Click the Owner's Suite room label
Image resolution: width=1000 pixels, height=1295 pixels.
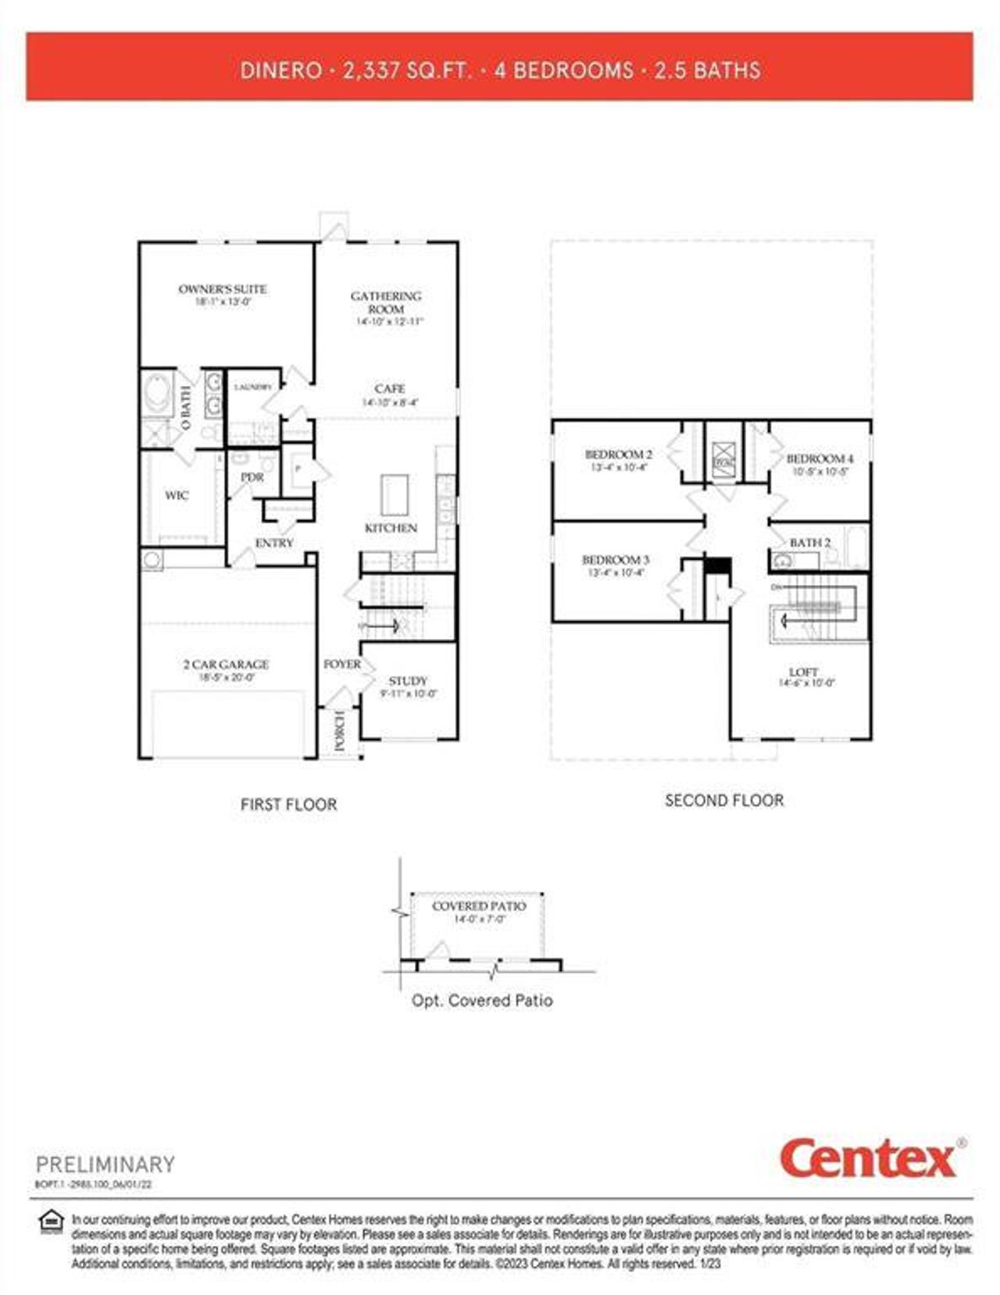[x=223, y=289]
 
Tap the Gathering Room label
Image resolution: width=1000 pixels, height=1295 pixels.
[x=386, y=302]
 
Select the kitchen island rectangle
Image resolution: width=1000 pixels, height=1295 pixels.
[x=395, y=495]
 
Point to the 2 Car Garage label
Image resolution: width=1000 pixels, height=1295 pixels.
[x=226, y=665]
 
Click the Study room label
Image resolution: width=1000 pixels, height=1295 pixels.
[x=408, y=681]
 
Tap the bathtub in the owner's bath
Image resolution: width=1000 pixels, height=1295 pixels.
[x=159, y=394]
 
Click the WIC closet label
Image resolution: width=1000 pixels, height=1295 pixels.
[x=177, y=495]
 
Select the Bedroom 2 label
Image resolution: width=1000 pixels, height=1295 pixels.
[x=619, y=455]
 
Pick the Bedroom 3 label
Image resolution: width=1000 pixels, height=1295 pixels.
[x=616, y=560]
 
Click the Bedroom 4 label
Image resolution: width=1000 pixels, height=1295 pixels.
[x=820, y=459]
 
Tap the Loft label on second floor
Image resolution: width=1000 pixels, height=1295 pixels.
[x=804, y=672]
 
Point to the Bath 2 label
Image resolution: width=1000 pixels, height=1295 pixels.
[x=810, y=542]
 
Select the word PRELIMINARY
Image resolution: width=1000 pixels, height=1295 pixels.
[x=105, y=1165]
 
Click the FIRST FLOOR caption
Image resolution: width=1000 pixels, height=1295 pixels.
[x=288, y=804]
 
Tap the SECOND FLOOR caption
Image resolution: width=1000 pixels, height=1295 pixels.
[x=724, y=801]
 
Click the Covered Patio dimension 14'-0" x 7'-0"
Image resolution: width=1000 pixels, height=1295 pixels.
[x=480, y=919]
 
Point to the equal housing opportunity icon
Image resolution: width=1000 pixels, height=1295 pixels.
[x=52, y=1220]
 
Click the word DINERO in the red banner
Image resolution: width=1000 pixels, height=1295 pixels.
[x=281, y=70]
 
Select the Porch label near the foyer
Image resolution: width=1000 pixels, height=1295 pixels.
[x=340, y=732]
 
